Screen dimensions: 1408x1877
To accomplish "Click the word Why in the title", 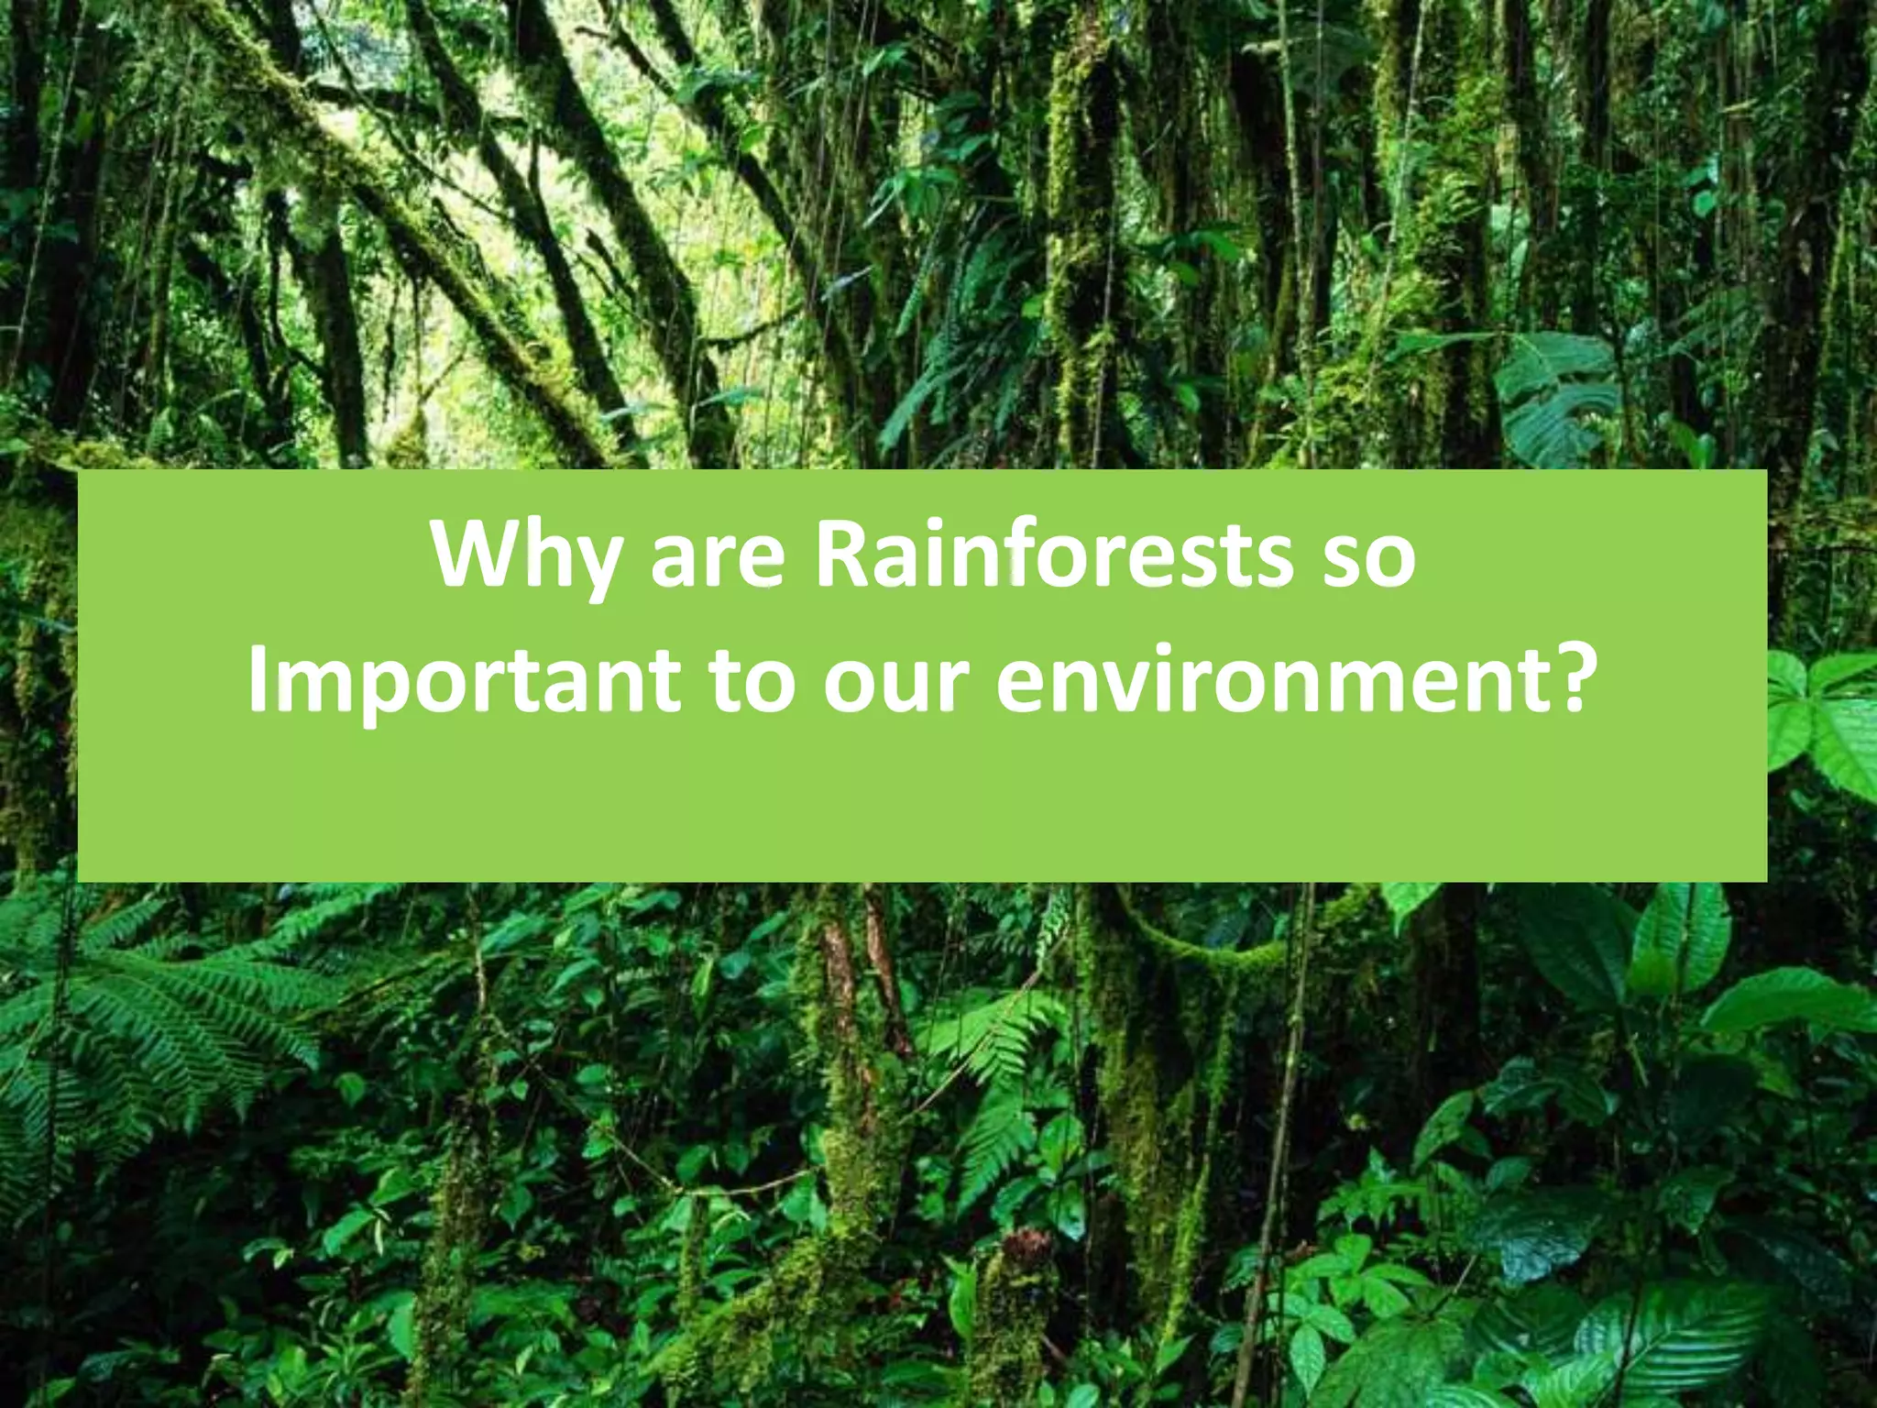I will click(x=523, y=557).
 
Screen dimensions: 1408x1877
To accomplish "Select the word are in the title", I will click(x=718, y=559).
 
